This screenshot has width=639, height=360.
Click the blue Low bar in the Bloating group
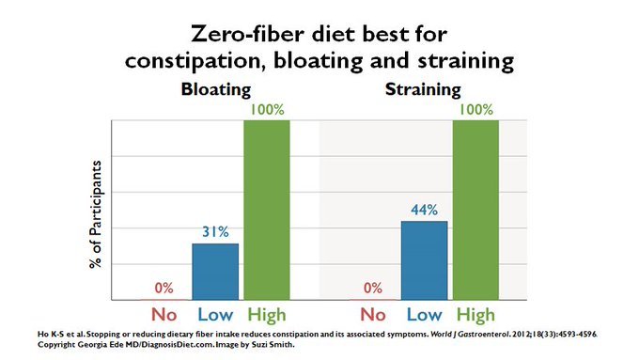(215, 272)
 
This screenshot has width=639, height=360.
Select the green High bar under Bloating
(267, 210)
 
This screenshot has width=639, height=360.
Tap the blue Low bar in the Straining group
(424, 260)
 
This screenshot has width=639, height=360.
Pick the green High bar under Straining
(475, 210)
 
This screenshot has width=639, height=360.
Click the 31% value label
(215, 232)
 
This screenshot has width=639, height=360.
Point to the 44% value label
(424, 210)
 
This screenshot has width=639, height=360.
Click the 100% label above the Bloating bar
(267, 110)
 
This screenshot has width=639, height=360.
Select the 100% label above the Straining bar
(476, 110)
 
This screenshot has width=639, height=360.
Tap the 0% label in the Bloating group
(164, 289)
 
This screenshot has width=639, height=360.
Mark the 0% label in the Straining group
(373, 289)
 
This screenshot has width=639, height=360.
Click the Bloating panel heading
(216, 89)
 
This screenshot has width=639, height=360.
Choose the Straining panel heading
(423, 89)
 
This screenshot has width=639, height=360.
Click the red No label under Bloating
(164, 315)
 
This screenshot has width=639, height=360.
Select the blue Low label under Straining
(424, 315)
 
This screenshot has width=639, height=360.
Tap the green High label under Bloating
(267, 316)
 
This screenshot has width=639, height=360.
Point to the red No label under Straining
(373, 315)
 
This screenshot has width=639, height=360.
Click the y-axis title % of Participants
(96, 214)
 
